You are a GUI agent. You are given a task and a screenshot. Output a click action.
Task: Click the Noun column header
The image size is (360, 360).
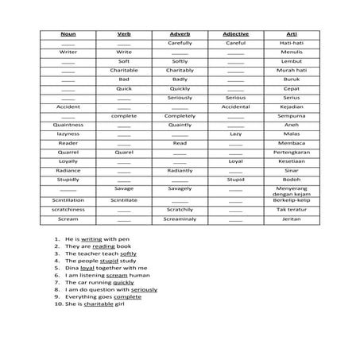[68, 34]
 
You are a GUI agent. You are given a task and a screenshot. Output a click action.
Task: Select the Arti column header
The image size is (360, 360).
[291, 34]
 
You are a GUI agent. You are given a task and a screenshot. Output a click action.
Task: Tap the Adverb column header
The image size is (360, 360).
[180, 34]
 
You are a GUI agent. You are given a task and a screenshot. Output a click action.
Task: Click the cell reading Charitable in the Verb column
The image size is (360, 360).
[124, 70]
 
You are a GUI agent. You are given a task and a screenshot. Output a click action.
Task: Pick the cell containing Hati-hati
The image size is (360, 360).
[291, 43]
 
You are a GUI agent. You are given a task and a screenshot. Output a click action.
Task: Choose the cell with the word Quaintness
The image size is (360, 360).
[68, 125]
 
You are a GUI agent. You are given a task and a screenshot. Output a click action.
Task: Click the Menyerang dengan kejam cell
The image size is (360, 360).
[291, 192]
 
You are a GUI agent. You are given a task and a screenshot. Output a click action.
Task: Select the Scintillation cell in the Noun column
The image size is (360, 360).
[68, 200]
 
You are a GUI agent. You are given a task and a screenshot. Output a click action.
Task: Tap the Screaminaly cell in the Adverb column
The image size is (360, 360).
[180, 219]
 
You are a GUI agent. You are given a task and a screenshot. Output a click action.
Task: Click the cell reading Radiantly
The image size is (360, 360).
[180, 170]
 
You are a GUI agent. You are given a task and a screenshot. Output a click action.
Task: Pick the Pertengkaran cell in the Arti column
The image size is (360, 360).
[291, 152]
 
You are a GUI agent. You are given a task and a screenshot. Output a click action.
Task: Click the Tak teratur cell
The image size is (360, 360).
[291, 210]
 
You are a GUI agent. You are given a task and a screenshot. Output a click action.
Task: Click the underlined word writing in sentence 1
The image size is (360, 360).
[91, 238]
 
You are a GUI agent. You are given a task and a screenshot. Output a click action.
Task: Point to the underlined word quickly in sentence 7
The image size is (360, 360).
[123, 282]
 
